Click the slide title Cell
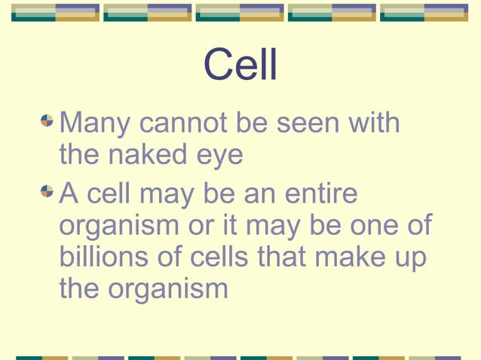point(240,67)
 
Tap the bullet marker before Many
point(47,120)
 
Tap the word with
point(374,121)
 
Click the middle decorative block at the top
point(240,13)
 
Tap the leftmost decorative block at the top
point(55,13)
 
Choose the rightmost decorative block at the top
point(424,13)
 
